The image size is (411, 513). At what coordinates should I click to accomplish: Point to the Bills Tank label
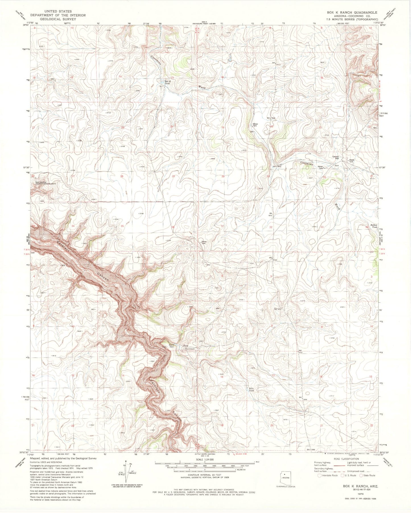[251, 389]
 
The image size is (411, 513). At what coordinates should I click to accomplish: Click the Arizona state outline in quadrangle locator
[285, 477]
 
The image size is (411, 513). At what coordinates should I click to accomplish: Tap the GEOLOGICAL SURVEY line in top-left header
[54, 19]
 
